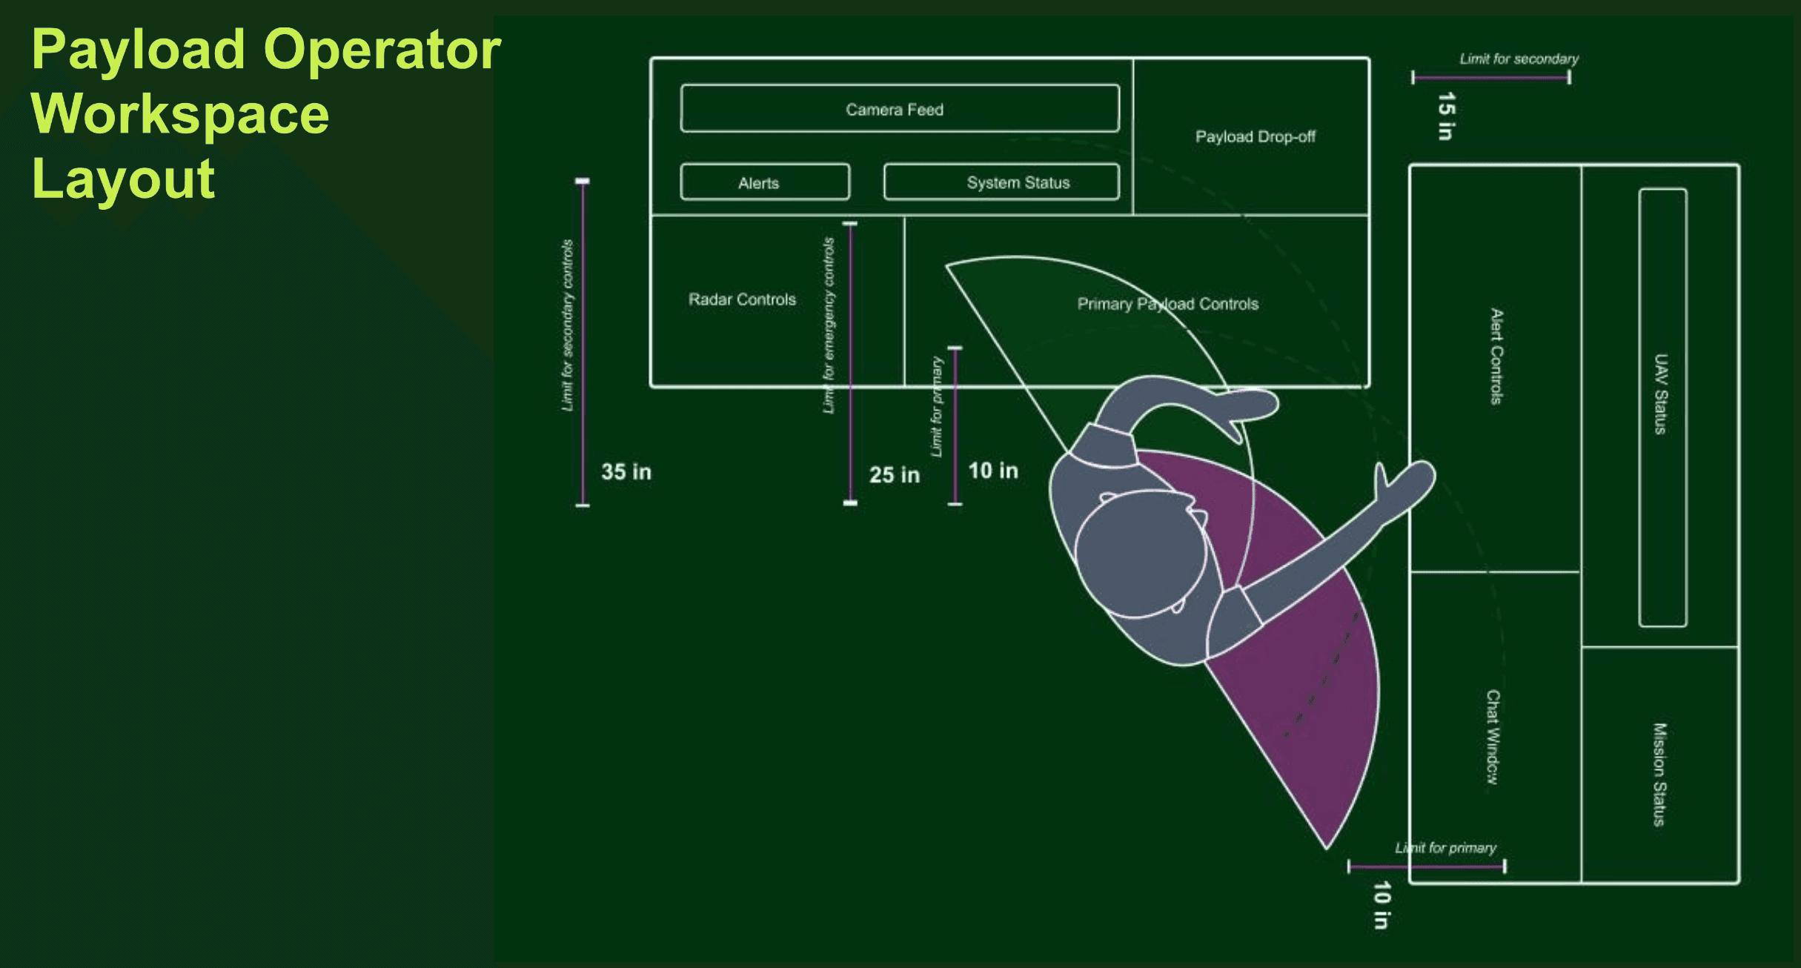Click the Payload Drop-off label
[x=1255, y=137]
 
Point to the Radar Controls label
[x=742, y=299]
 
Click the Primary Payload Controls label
[x=1167, y=304]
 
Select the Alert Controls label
[x=1496, y=357]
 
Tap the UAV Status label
[x=1661, y=394]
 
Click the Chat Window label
[x=1493, y=737]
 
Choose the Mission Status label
[x=1659, y=774]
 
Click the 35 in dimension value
[x=626, y=472]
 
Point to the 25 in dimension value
[x=894, y=475]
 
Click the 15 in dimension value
[x=1446, y=116]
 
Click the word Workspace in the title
[x=180, y=115]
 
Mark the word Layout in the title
[x=123, y=179]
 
